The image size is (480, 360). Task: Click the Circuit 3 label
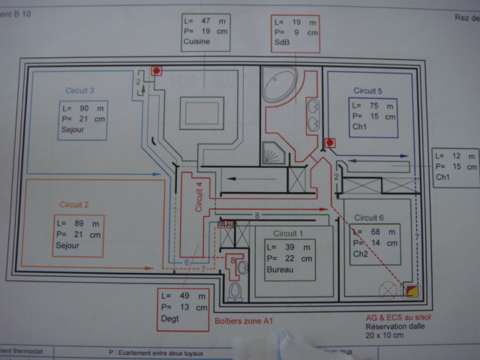pyautogui.click(x=79, y=91)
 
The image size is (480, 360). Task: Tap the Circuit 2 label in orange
pyautogui.click(x=74, y=204)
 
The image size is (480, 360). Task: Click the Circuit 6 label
pyautogui.click(x=370, y=217)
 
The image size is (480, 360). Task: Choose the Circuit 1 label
pyautogui.click(x=289, y=233)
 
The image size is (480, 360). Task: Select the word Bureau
pyautogui.click(x=280, y=268)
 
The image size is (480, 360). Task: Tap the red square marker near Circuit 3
pyautogui.click(x=157, y=71)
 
